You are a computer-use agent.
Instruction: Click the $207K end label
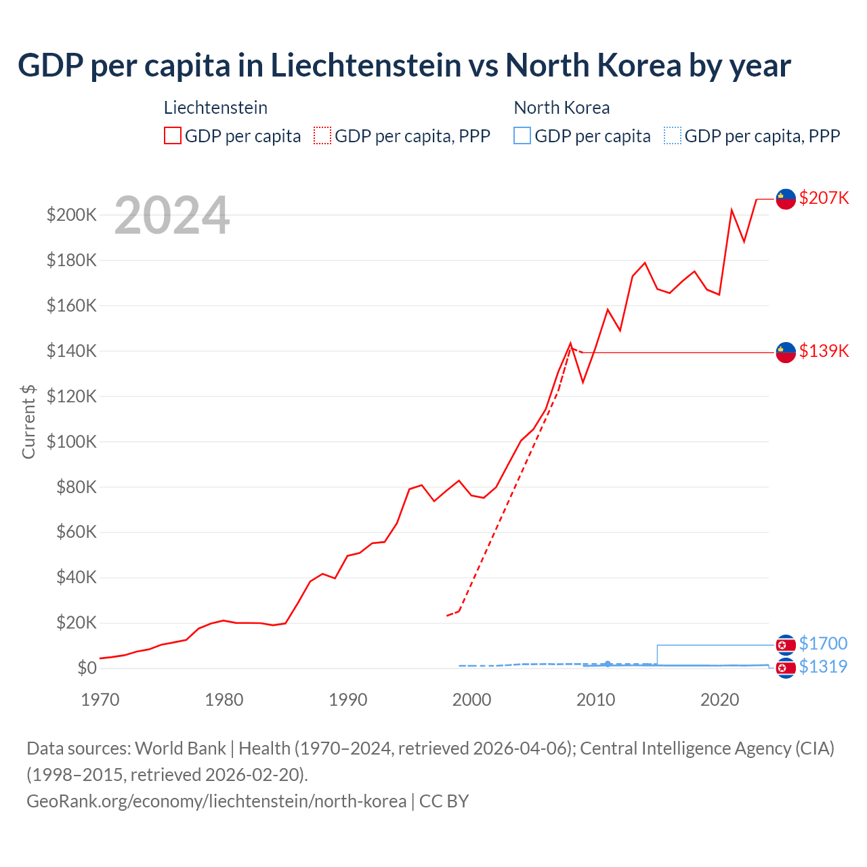[x=824, y=198]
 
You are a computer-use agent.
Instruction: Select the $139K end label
[x=824, y=351]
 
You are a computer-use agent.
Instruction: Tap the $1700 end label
[x=823, y=643]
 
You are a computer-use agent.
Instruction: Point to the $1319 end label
[x=823, y=667]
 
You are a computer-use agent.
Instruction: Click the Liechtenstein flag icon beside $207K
[x=785, y=199]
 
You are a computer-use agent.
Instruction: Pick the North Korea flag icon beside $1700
[x=785, y=644]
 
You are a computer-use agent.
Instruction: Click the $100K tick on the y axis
[x=72, y=442]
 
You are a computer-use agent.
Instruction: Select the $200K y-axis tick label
[x=72, y=215]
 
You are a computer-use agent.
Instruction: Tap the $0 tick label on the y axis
[x=87, y=668]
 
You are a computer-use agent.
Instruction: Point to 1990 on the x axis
[x=347, y=700]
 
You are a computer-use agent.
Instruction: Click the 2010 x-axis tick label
[x=595, y=700]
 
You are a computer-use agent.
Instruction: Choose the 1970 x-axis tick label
[x=100, y=700]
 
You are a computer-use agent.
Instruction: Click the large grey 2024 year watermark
[x=172, y=215]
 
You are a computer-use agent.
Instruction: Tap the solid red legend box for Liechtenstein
[x=173, y=135]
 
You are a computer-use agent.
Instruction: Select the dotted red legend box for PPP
[x=322, y=135]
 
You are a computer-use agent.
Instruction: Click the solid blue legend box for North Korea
[x=522, y=135]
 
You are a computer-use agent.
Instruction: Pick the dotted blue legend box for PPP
[x=673, y=135]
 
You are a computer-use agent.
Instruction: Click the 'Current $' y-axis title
[x=28, y=421]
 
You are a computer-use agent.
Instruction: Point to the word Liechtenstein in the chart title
[x=366, y=65]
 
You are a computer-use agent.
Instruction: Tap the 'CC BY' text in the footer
[x=444, y=801]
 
